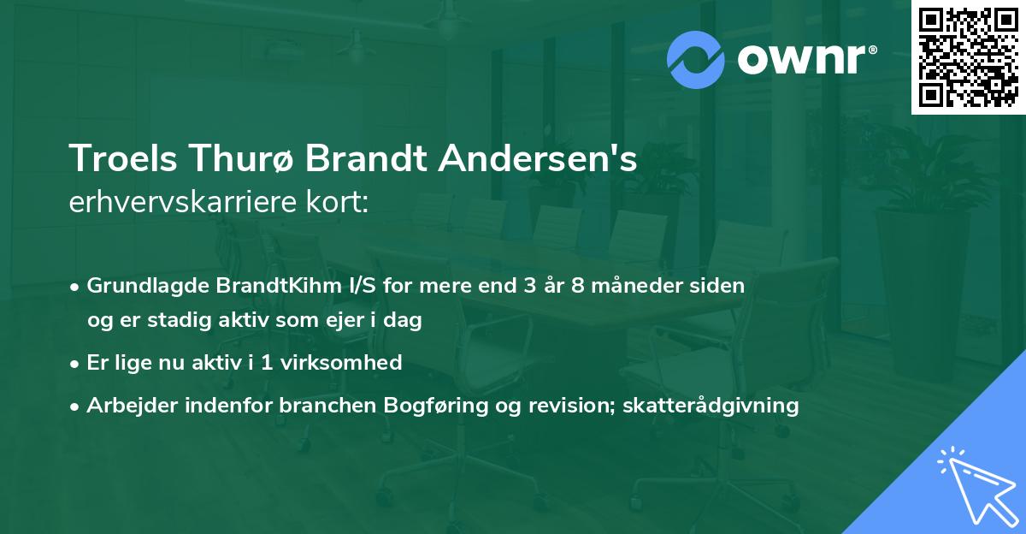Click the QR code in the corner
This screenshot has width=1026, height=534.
(968, 57)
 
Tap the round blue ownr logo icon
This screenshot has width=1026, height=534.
(696, 59)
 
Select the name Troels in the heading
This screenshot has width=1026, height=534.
(115, 160)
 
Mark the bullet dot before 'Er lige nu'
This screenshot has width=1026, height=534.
(76, 364)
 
